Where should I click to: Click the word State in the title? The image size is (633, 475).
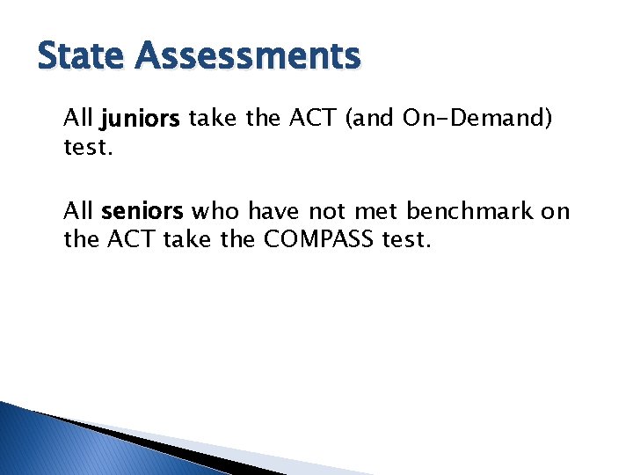[x=81, y=56]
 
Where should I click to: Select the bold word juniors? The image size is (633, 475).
[x=142, y=119]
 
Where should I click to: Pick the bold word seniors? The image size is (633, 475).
[x=142, y=212]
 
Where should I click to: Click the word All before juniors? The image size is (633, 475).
[x=78, y=119]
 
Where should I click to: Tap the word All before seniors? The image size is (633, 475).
[x=78, y=212]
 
